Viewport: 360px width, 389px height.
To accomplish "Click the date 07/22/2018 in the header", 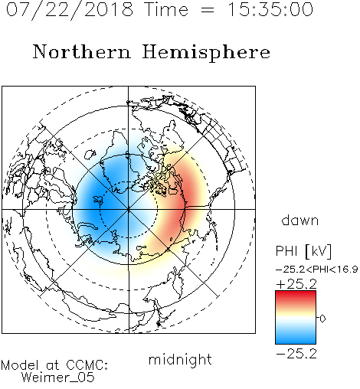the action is [70, 10].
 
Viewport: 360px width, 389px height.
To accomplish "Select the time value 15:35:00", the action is [270, 9].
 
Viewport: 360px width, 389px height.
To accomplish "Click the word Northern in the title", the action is [82, 51].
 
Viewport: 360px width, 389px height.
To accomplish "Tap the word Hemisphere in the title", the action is [206, 53].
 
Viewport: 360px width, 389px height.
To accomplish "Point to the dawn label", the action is [300, 221].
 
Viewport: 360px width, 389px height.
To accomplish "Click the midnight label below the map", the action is [180, 359].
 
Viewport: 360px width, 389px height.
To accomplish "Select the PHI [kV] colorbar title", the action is [303, 251].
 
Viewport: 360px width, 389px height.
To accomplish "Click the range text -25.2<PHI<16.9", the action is [317, 270].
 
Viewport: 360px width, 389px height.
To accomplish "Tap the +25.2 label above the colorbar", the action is [296, 284].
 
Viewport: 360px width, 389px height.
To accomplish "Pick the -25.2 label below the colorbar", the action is [296, 354].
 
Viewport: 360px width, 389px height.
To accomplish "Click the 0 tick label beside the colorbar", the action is [322, 319].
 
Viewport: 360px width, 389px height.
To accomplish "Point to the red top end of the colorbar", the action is [296, 293].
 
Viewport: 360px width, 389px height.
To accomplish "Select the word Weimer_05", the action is [58, 378].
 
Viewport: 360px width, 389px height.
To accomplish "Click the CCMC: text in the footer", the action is [87, 365].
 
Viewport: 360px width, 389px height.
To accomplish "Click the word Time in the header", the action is [166, 9].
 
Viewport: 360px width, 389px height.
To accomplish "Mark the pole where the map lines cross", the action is [129, 209].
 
